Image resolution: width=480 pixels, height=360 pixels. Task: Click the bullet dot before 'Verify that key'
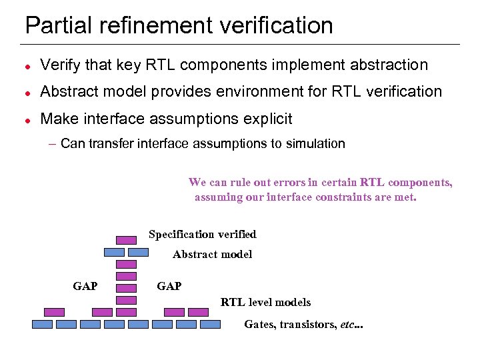27,65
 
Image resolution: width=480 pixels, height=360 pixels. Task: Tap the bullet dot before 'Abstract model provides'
27,92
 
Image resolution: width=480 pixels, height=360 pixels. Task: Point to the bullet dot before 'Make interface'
27,119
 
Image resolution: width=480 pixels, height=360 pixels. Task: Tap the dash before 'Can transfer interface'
53,143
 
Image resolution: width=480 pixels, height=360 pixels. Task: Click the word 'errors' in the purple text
273,182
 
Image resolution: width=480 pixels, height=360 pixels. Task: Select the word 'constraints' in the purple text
336,197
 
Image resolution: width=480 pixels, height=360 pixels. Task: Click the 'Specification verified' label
202,234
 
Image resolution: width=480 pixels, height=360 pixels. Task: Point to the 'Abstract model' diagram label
212,254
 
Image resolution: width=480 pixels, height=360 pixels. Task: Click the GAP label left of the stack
85,286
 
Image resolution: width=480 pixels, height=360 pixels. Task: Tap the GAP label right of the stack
169,286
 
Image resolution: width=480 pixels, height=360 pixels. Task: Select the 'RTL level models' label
265,302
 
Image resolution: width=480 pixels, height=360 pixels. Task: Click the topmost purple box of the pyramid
126,240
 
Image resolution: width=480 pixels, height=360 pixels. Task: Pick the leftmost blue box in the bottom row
43,325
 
